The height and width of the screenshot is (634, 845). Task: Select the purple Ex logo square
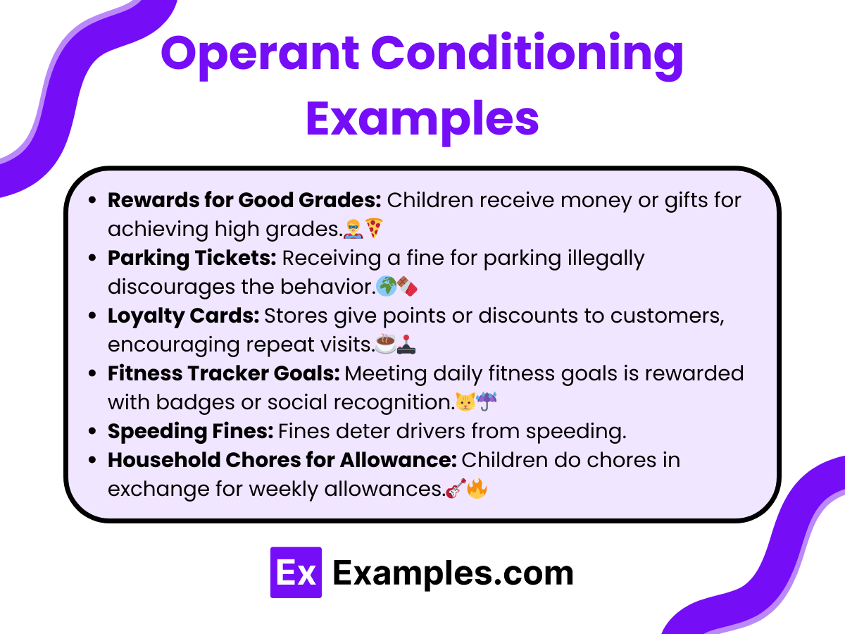(x=296, y=573)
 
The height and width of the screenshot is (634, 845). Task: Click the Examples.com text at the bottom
(x=453, y=573)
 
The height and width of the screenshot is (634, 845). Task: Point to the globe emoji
(x=387, y=286)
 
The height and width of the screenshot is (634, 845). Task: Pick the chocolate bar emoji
(x=407, y=286)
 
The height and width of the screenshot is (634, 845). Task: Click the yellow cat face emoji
(x=464, y=402)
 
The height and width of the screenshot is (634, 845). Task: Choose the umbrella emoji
(x=485, y=402)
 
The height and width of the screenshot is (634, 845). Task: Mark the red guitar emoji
(x=456, y=488)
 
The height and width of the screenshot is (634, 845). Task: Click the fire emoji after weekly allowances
(x=477, y=488)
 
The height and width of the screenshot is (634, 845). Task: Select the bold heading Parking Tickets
(x=192, y=258)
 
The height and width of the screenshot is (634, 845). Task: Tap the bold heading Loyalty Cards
(x=183, y=316)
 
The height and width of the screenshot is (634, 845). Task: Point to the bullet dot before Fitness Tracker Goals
(x=92, y=373)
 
